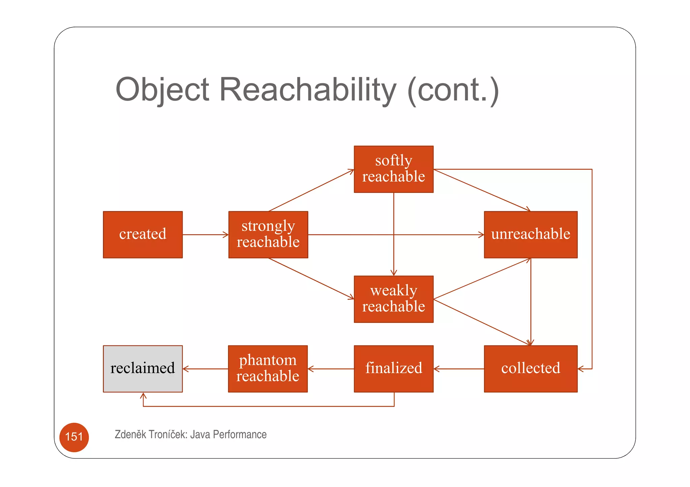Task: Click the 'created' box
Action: click(x=143, y=235)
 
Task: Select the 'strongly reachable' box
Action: click(x=268, y=235)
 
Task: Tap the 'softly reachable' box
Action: click(x=393, y=169)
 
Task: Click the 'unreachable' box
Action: click(x=530, y=235)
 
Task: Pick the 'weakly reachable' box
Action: click(x=393, y=299)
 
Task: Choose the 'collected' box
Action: click(x=530, y=369)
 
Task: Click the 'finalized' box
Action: click(x=393, y=369)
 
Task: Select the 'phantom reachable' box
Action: click(x=268, y=369)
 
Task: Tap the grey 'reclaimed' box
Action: click(x=143, y=369)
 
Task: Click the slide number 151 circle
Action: click(x=74, y=437)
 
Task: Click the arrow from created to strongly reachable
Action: click(x=205, y=235)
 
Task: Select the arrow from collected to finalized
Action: click(x=459, y=369)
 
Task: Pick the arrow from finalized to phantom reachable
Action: click(x=331, y=369)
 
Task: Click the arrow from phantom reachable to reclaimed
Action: click(x=205, y=369)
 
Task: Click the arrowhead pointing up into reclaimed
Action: click(x=143, y=396)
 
